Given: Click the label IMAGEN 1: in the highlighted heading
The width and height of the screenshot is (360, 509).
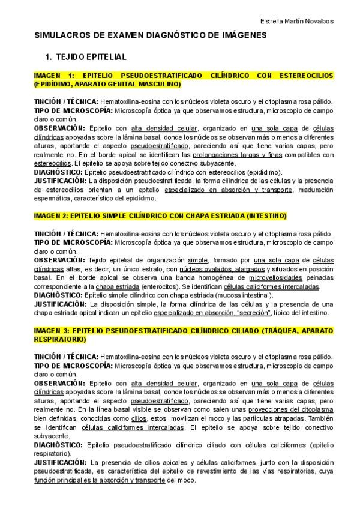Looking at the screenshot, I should (53, 76).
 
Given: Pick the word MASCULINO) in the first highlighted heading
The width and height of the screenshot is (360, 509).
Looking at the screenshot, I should (160, 85).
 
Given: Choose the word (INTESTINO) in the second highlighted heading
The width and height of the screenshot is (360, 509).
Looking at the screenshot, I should (266, 215).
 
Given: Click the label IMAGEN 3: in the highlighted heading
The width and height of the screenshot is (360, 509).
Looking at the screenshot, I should (53, 331).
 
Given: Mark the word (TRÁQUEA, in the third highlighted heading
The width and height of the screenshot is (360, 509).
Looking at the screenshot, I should (277, 331).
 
